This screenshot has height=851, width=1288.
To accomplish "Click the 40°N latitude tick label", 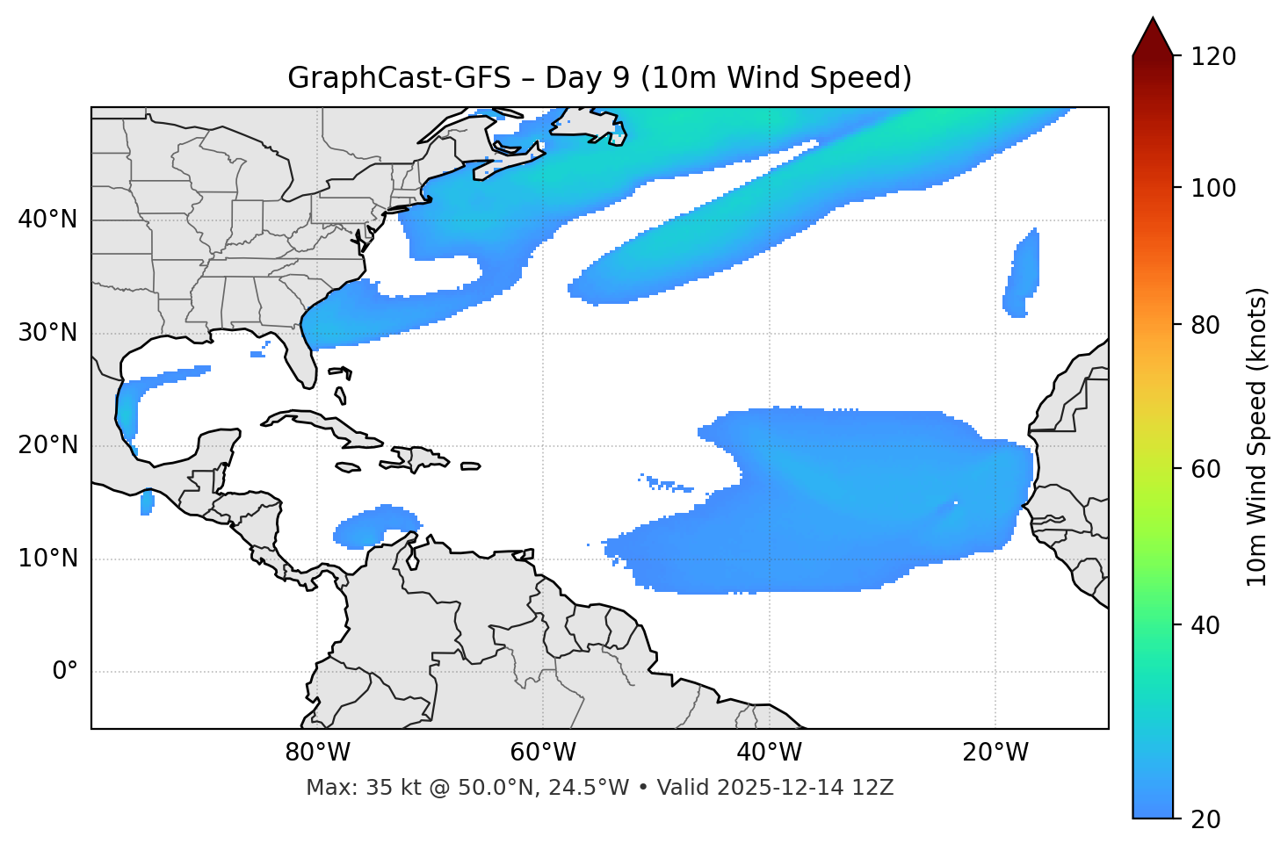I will click(x=47, y=220).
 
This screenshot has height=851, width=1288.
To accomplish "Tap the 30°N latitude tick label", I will click(x=47, y=333).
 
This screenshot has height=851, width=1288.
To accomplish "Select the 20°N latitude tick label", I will click(x=47, y=445).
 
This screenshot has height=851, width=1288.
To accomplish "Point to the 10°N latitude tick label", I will click(x=47, y=559).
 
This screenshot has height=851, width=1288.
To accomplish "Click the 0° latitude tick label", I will click(x=65, y=672).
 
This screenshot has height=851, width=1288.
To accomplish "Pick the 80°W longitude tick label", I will click(x=317, y=753).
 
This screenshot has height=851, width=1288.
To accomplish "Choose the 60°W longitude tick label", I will click(x=543, y=753).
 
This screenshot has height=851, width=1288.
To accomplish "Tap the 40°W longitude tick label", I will click(x=769, y=753).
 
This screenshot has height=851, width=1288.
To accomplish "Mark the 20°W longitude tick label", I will click(x=995, y=753).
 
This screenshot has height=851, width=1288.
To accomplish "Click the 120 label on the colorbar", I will click(x=1212, y=57).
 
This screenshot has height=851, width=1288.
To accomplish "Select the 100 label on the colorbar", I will click(x=1212, y=188).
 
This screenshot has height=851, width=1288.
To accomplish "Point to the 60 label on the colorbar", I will click(x=1206, y=469).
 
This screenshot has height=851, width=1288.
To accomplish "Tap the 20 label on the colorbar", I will click(x=1206, y=819).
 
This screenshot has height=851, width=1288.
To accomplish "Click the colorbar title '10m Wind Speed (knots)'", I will click(x=1257, y=437).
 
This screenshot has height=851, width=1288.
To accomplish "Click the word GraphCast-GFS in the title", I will click(x=399, y=78).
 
